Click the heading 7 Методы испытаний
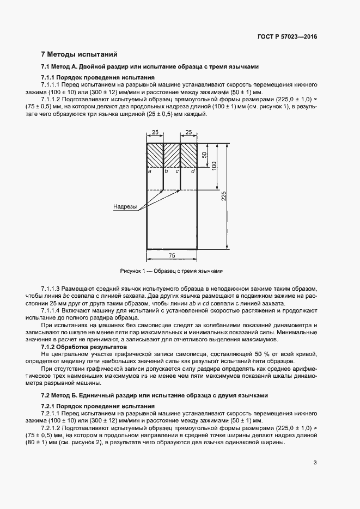tap(78, 54)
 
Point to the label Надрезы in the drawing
tap(125, 207)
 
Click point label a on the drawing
tap(149, 171)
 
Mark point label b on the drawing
tap(166, 171)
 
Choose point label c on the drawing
tap(178, 171)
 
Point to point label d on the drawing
tap(193, 171)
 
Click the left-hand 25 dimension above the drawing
tap(155, 132)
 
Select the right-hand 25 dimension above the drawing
tap(188, 132)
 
